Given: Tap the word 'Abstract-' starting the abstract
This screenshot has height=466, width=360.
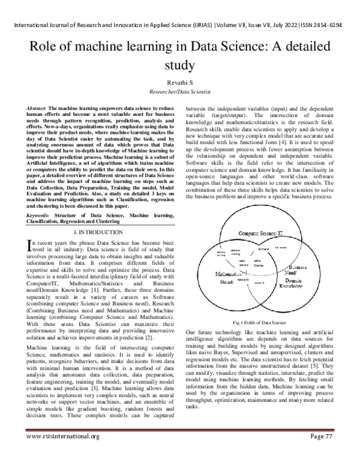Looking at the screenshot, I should pyautogui.click(x=37, y=107).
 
